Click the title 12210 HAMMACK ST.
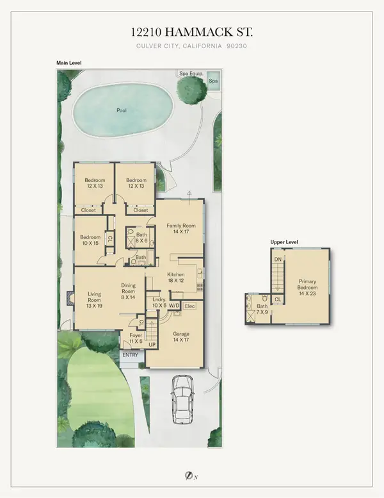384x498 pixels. (192, 33)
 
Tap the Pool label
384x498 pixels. (121, 110)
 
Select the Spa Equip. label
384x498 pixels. (191, 74)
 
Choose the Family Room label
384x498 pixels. (180, 229)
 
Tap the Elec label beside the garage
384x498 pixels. (189, 306)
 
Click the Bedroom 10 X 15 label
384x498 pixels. (90, 240)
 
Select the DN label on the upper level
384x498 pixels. (277, 260)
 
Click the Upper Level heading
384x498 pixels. (285, 242)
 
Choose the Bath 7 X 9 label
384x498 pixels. (263, 310)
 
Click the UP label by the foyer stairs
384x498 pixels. (152, 345)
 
